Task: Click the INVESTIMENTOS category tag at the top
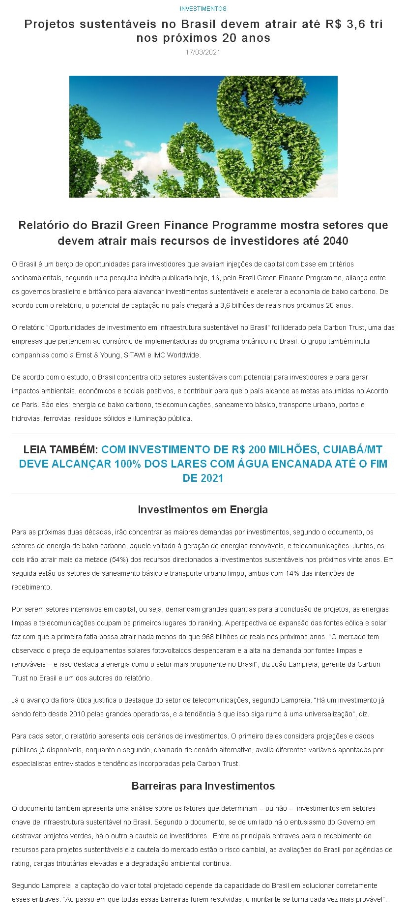click(x=203, y=9)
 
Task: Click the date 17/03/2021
click(x=203, y=52)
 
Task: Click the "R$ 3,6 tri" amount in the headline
click(x=354, y=24)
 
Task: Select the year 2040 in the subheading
click(x=336, y=241)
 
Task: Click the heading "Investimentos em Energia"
click(x=203, y=509)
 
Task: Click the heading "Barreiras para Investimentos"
click(x=203, y=786)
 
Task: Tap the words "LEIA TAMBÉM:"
click(x=61, y=449)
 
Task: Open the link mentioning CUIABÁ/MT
click(x=203, y=464)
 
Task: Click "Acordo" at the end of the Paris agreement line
click(x=377, y=391)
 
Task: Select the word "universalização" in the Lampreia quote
click(x=324, y=714)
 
